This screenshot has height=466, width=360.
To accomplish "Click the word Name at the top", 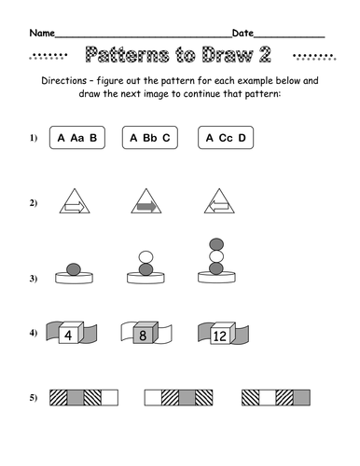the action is (42, 33).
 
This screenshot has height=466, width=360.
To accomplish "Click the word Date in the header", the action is (242, 33).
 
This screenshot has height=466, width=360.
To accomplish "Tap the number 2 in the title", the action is (264, 54).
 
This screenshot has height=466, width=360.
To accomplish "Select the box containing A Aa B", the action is (77, 138).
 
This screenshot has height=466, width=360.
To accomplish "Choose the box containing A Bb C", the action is (150, 138).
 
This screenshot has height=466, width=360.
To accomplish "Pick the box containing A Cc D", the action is (226, 138).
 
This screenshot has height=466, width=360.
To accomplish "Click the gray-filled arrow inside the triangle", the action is (146, 207).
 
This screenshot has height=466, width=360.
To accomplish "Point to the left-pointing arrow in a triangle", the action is (219, 207).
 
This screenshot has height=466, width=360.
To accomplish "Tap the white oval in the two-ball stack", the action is (145, 257).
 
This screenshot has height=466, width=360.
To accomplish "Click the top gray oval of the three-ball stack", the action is (216, 244).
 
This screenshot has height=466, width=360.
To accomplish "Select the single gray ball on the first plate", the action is (74, 269).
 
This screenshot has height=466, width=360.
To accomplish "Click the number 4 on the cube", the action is (68, 336).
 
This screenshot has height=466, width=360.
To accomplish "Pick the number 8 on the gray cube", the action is (143, 336).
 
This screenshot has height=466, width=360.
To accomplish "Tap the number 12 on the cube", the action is (220, 336).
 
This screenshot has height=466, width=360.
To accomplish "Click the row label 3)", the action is (34, 279).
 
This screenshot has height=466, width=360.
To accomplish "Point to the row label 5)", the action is (34, 398).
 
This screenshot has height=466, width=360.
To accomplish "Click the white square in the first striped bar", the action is (110, 398).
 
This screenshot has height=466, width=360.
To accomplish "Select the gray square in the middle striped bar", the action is (187, 398).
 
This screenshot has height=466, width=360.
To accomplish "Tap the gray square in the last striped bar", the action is (301, 398).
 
